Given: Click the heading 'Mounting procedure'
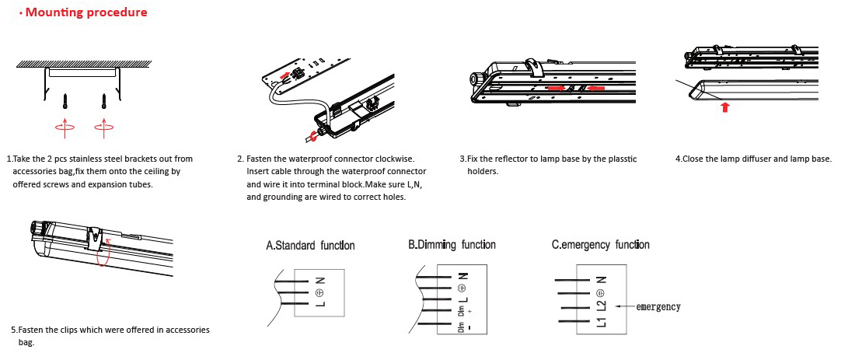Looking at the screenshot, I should click(86, 12).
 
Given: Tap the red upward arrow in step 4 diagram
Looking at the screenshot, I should click(724, 106).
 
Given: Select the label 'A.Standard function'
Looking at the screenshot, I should click(310, 246).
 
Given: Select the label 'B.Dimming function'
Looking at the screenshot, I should click(452, 245).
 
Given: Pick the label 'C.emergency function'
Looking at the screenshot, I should click(600, 245).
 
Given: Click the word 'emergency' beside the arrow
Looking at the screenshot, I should click(658, 306).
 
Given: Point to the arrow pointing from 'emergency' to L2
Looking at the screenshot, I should click(624, 306).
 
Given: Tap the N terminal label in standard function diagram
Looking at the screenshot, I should click(320, 281).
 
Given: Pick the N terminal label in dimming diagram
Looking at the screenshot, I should click(462, 275).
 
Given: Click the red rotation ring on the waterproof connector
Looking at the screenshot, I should click(313, 137).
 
